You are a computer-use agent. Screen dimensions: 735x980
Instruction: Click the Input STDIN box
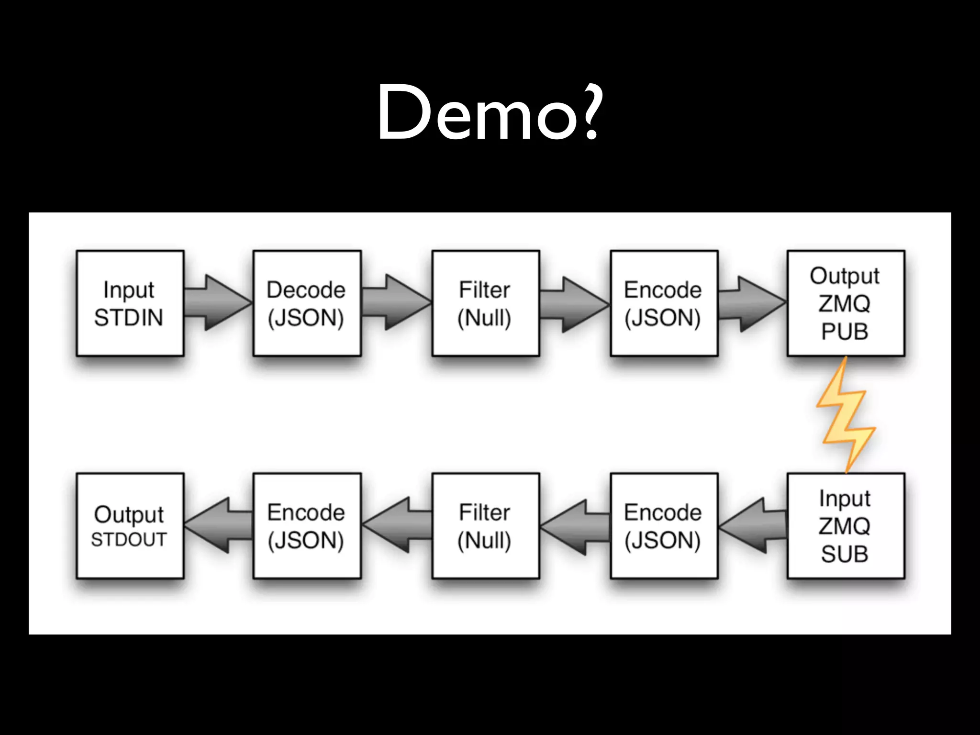click(x=130, y=303)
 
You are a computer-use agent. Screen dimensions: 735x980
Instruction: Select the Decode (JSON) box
click(x=307, y=303)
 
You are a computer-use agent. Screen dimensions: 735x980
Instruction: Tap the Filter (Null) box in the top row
click(x=485, y=303)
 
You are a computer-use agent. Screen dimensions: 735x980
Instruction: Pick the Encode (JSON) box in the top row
click(x=664, y=303)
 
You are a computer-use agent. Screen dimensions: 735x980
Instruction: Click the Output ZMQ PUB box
click(x=846, y=303)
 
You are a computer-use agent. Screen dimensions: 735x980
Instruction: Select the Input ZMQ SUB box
click(x=846, y=526)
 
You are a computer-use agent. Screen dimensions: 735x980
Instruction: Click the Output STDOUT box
click(x=130, y=526)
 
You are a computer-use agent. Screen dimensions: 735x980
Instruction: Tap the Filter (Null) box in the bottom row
click(x=485, y=526)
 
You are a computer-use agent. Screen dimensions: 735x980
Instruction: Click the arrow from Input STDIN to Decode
click(x=218, y=303)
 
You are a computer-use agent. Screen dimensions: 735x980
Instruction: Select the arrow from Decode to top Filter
click(x=396, y=303)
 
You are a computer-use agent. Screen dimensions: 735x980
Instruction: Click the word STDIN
click(x=129, y=318)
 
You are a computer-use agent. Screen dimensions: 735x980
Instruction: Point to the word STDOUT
click(x=129, y=540)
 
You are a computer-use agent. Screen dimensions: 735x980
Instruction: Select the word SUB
click(x=845, y=554)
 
